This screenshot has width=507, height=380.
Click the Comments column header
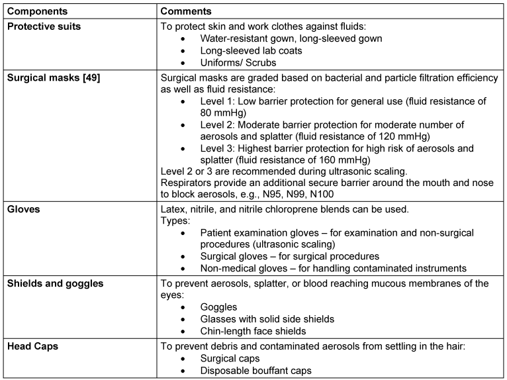(x=186, y=12)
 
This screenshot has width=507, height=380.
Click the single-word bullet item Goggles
(x=219, y=307)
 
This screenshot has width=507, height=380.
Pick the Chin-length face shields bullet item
(x=253, y=331)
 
